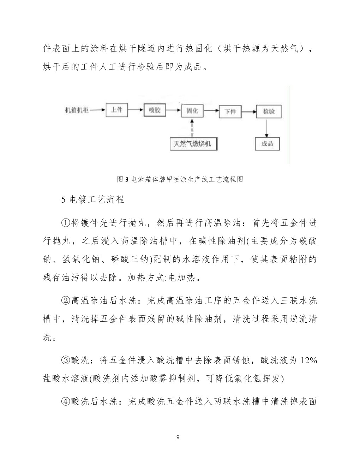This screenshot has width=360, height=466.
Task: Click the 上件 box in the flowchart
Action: [117, 110]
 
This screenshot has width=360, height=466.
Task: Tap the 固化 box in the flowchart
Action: [192, 111]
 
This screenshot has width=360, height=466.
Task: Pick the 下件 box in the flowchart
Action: [230, 112]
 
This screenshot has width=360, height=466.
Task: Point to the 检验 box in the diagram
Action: [269, 112]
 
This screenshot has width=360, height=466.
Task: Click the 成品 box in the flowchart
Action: [267, 144]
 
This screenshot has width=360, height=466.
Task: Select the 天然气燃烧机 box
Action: [193, 144]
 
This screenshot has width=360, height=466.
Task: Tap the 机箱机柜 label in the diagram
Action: [77, 110]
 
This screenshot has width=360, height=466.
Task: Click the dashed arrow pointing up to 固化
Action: [192, 127]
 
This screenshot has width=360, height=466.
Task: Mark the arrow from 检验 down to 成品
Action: [267, 128]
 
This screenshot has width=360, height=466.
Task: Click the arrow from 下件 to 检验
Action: [249, 112]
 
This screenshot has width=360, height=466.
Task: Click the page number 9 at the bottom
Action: [178, 438]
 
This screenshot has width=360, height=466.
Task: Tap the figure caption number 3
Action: [127, 179]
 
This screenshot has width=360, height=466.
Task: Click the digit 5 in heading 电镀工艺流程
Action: [64, 199]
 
